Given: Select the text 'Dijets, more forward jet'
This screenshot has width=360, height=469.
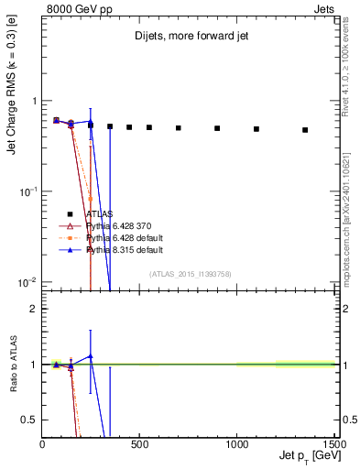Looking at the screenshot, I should [x=190, y=38].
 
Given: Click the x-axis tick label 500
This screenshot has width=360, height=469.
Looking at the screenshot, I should [x=140, y=444].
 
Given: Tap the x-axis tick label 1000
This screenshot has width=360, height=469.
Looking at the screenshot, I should [x=238, y=444].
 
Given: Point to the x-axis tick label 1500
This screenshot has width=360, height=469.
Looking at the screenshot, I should [x=334, y=444].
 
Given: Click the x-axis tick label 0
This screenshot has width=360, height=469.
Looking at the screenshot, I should [x=43, y=444].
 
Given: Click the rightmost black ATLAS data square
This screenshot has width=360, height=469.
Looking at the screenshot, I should [x=305, y=130].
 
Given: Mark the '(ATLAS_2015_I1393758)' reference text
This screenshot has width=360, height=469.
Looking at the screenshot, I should [x=190, y=274].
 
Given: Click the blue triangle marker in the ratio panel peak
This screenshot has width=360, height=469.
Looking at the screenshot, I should [x=90, y=356].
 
